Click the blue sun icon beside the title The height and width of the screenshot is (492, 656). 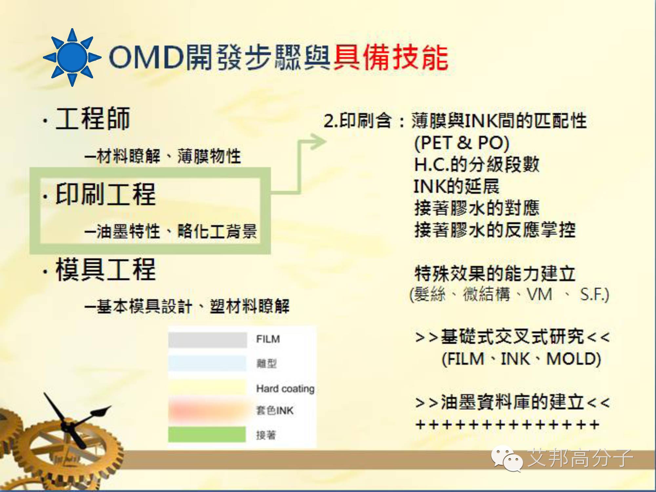(72, 57)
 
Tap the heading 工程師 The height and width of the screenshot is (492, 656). (93, 119)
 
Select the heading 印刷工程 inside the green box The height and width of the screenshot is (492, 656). (106, 194)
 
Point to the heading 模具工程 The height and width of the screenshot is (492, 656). (106, 269)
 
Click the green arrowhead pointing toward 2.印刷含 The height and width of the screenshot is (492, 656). (317, 142)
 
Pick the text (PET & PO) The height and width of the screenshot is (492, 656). (462, 143)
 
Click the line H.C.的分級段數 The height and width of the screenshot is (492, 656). (477, 164)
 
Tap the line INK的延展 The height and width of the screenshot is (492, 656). (456, 186)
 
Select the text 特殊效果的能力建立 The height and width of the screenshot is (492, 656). (495, 273)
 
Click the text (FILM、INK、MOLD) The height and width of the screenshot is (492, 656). (521, 359)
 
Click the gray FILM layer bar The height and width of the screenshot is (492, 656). (208, 340)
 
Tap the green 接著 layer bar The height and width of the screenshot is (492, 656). (207, 434)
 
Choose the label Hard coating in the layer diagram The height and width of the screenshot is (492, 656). (285, 388)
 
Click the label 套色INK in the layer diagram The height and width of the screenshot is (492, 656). (275, 410)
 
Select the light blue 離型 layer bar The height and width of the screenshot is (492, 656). (207, 363)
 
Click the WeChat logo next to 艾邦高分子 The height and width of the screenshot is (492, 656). (507, 458)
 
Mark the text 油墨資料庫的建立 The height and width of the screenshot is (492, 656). (512, 402)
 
